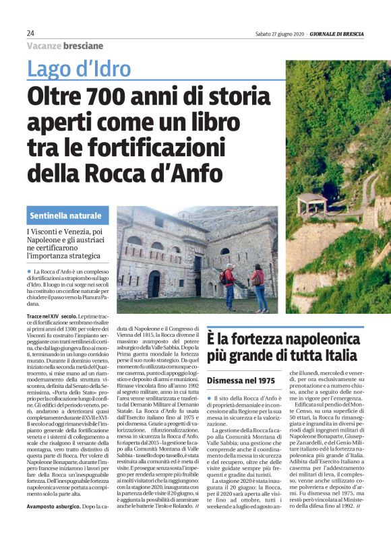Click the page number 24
[x=31, y=33]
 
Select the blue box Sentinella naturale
[x=67, y=215]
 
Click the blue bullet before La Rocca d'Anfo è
[x=30, y=271]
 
